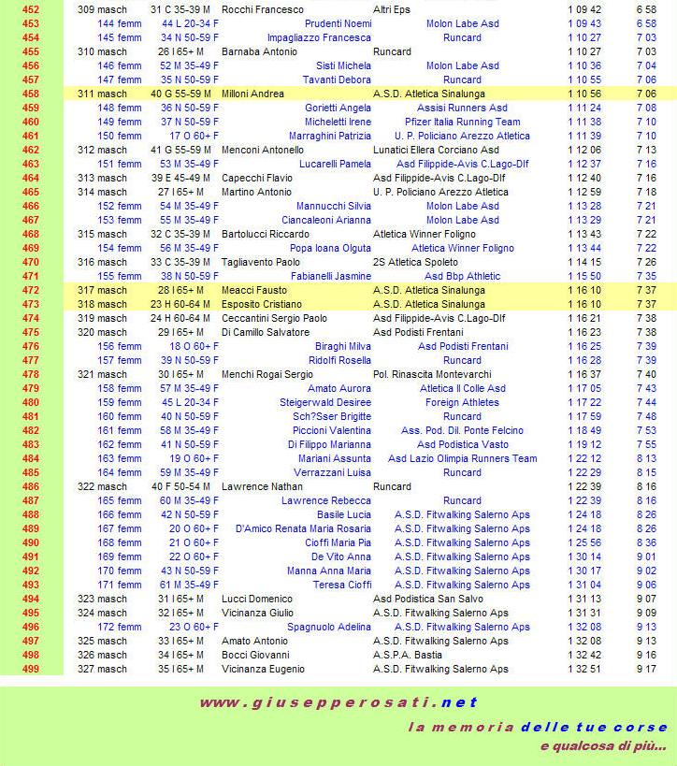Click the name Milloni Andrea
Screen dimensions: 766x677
click(x=252, y=94)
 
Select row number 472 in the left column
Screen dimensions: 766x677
click(x=31, y=291)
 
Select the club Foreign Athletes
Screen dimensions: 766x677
click(x=462, y=403)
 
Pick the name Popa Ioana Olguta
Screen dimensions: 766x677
click(x=330, y=249)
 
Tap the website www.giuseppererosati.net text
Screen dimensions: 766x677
click(x=338, y=703)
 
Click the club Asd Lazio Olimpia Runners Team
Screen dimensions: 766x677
click(x=462, y=459)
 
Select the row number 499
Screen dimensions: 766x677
click(x=31, y=670)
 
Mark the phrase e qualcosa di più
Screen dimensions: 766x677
click(x=602, y=746)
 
